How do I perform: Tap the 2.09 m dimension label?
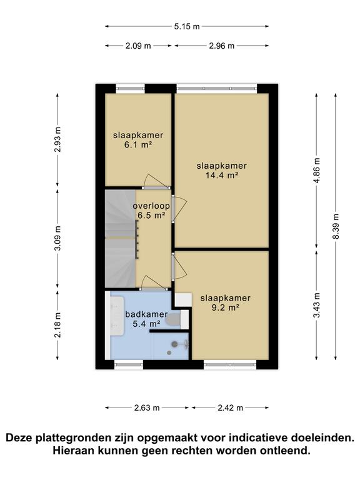[x=138, y=46]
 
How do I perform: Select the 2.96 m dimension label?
[x=222, y=46]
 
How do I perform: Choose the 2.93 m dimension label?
[x=57, y=140]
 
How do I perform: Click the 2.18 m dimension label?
[x=57, y=324]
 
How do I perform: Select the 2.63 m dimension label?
[x=147, y=407]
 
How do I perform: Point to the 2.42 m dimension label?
[x=230, y=407]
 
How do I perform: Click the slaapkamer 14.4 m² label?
[x=221, y=171]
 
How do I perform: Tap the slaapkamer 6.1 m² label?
[x=138, y=140]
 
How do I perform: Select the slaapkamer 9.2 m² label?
[x=225, y=302]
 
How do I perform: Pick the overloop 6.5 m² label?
[x=151, y=211]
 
